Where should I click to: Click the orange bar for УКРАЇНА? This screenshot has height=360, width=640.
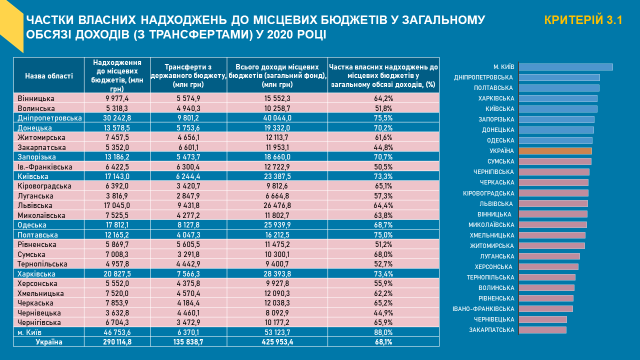click(555, 151)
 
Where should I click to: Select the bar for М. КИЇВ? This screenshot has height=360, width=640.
click(565, 67)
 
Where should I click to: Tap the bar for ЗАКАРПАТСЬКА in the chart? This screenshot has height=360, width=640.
click(542, 330)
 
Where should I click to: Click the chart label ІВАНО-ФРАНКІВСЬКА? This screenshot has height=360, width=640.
click(483, 309)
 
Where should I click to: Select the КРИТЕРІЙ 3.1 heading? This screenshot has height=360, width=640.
click(583, 20)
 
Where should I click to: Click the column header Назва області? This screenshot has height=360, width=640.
click(49, 76)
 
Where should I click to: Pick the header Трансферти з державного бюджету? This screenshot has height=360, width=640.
click(188, 76)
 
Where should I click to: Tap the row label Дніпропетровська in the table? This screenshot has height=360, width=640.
click(49, 118)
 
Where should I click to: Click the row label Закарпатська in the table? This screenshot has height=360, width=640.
click(42, 147)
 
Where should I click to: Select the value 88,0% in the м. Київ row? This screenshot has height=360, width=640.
click(383, 332)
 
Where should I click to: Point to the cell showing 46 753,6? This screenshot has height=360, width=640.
click(117, 332)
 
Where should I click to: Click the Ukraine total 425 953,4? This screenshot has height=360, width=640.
click(277, 342)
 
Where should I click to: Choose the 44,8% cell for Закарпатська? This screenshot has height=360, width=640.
click(383, 147)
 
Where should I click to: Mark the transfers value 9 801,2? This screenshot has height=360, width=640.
click(188, 118)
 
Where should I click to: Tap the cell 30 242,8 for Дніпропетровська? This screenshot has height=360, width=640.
click(117, 118)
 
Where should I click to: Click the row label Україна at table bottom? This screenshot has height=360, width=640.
click(49, 342)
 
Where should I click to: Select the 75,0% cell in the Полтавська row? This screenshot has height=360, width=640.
click(383, 235)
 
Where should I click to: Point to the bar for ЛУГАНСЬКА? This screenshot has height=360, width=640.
click(549, 256)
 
